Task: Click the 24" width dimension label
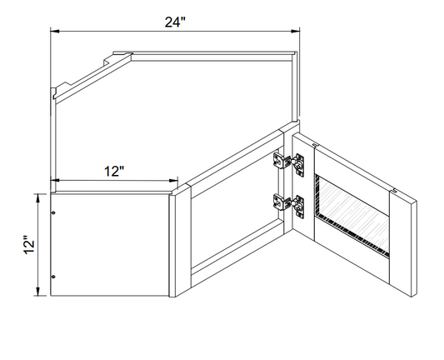pyautogui.click(x=174, y=22)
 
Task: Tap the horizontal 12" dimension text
pyautogui.click(x=115, y=172)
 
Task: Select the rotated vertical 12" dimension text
pyautogui.click(x=28, y=244)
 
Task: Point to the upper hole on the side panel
pyautogui.click(x=54, y=215)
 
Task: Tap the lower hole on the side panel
pyautogui.click(x=54, y=277)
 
